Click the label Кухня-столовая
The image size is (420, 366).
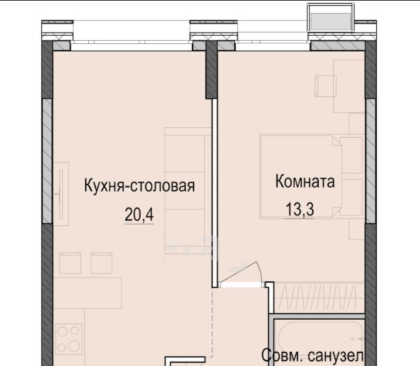(x=139, y=186)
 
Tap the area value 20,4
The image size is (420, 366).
(x=139, y=215)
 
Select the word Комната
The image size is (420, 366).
(x=305, y=181)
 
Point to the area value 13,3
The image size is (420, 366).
(x=300, y=209)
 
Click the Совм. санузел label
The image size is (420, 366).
(x=313, y=356)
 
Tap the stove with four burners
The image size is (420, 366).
(x=69, y=339)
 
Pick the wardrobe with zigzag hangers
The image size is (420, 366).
(x=319, y=297)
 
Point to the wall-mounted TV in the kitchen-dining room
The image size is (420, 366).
(x=61, y=194)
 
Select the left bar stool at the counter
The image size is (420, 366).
(x=70, y=263)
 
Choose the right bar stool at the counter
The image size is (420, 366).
(x=102, y=263)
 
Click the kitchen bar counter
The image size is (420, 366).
(x=88, y=293)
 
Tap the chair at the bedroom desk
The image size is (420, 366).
(x=325, y=86)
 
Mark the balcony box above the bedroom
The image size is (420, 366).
(x=331, y=18)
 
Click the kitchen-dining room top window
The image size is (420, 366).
(x=131, y=46)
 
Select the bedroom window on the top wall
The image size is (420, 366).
(x=273, y=46)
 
